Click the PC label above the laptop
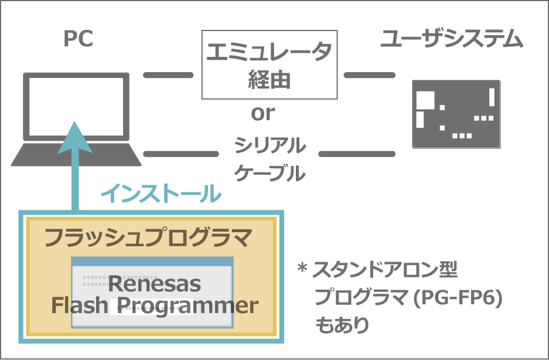click(x=79, y=39)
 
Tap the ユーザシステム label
click(x=452, y=39)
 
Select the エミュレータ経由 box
click(x=270, y=64)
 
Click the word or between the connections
click(x=263, y=113)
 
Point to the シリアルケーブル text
click(x=270, y=159)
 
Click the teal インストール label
click(x=161, y=193)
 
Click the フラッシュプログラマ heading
click(x=148, y=237)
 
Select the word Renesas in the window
click(x=155, y=284)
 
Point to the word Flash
click(x=80, y=305)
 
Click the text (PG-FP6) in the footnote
click(x=458, y=298)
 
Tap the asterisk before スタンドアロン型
click(x=302, y=269)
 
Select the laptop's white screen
click(x=76, y=107)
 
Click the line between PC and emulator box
click(x=168, y=75)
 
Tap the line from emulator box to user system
click(x=370, y=75)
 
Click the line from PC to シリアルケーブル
click(x=181, y=154)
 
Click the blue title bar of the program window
click(x=152, y=261)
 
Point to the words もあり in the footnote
click(x=342, y=325)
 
